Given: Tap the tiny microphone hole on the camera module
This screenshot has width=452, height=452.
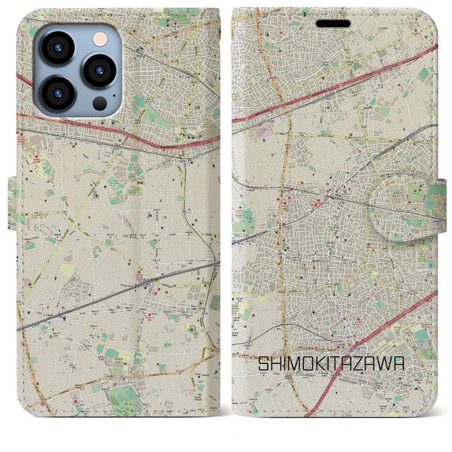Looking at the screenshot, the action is point(114,95).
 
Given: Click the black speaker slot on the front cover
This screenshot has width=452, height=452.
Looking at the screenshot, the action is point(333,24).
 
